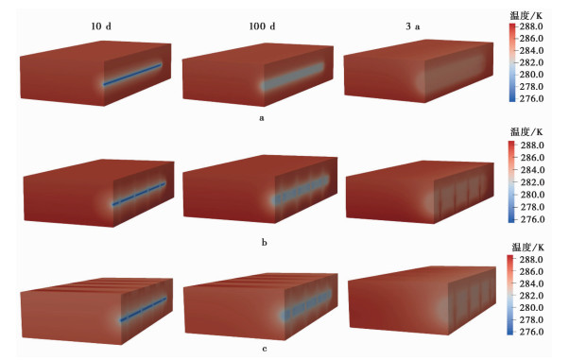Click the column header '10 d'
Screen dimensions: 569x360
(x=101, y=26)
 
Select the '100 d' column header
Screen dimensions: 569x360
(x=262, y=26)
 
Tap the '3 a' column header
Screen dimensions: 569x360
(x=413, y=26)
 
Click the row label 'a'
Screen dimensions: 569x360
(x=262, y=118)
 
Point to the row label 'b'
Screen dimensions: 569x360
(x=265, y=242)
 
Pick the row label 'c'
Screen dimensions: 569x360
(x=265, y=349)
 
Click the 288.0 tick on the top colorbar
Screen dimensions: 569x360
(x=531, y=26)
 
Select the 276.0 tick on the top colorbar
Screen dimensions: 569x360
(x=531, y=98)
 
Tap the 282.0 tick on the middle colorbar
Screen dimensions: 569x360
(x=532, y=182)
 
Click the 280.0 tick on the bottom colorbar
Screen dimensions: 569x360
(x=531, y=308)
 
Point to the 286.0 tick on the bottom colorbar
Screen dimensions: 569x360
(x=531, y=271)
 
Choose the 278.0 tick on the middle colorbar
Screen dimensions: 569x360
(x=532, y=207)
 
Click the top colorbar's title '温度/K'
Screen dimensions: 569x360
(x=526, y=16)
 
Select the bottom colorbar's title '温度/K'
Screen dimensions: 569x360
(x=527, y=248)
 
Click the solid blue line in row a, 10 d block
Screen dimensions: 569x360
(x=132, y=75)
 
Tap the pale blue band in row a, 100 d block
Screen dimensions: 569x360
(x=292, y=77)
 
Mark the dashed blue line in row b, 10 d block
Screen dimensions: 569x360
(x=139, y=194)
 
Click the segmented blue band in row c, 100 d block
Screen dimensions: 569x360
(x=306, y=304)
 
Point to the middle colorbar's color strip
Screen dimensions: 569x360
(x=511, y=181)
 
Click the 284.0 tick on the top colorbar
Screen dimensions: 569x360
(x=531, y=50)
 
